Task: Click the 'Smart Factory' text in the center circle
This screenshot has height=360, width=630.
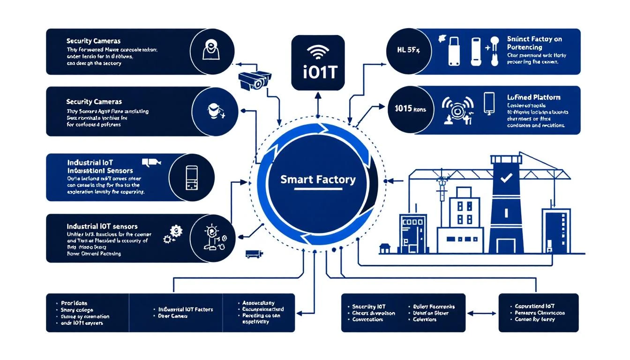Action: point(317,179)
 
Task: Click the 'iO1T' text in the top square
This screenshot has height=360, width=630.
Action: point(318,74)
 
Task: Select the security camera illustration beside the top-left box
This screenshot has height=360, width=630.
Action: point(255,79)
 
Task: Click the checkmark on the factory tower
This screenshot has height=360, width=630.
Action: point(506,178)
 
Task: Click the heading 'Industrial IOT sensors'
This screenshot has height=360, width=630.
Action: point(102,226)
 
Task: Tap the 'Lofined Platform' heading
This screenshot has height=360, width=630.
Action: point(533,97)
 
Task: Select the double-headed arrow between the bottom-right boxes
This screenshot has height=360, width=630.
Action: point(482,313)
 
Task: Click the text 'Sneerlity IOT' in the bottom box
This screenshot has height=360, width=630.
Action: point(371,307)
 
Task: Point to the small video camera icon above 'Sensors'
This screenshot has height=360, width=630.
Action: point(151,162)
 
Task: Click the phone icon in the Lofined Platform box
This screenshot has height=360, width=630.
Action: point(489,103)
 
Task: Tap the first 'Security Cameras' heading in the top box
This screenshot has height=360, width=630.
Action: point(94,41)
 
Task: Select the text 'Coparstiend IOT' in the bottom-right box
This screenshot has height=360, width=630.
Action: point(534,306)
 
